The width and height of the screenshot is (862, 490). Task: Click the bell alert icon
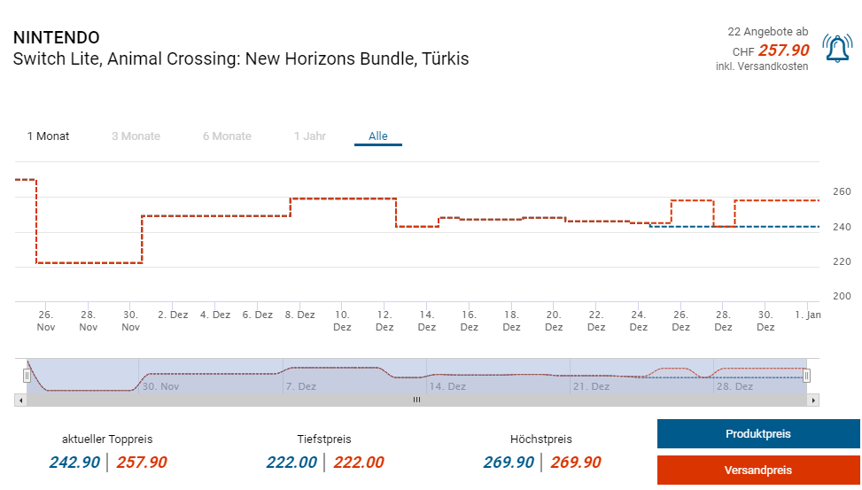coord(836,49)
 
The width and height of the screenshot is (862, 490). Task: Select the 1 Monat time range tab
coord(48,136)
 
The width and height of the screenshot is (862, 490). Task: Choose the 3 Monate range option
coord(136,136)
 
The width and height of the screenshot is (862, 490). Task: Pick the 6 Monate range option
coord(227,136)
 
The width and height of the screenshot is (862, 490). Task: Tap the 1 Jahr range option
coord(310,136)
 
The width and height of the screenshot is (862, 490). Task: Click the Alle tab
coord(378,136)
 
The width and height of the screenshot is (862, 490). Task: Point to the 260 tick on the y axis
coord(842,192)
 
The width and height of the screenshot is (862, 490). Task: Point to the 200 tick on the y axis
coord(842,297)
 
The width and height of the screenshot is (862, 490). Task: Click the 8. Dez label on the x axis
coord(300,315)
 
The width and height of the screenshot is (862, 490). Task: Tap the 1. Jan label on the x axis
coord(807,315)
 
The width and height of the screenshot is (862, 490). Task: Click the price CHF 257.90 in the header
coord(783,51)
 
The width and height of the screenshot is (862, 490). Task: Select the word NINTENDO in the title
coord(57,38)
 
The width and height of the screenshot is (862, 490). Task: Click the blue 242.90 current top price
coord(74,462)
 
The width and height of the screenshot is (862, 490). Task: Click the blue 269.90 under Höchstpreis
coord(509,462)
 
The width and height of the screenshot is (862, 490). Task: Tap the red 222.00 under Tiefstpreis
coord(358,462)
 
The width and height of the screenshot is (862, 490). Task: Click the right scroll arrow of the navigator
coord(814,401)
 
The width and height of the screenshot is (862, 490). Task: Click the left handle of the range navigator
coord(27,376)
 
